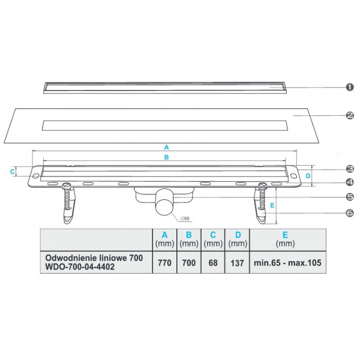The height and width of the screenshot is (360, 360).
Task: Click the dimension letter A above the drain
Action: point(167,146)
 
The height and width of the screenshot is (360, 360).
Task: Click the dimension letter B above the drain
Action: point(167,157)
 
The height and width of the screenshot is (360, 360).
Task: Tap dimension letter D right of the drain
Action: point(307,176)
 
